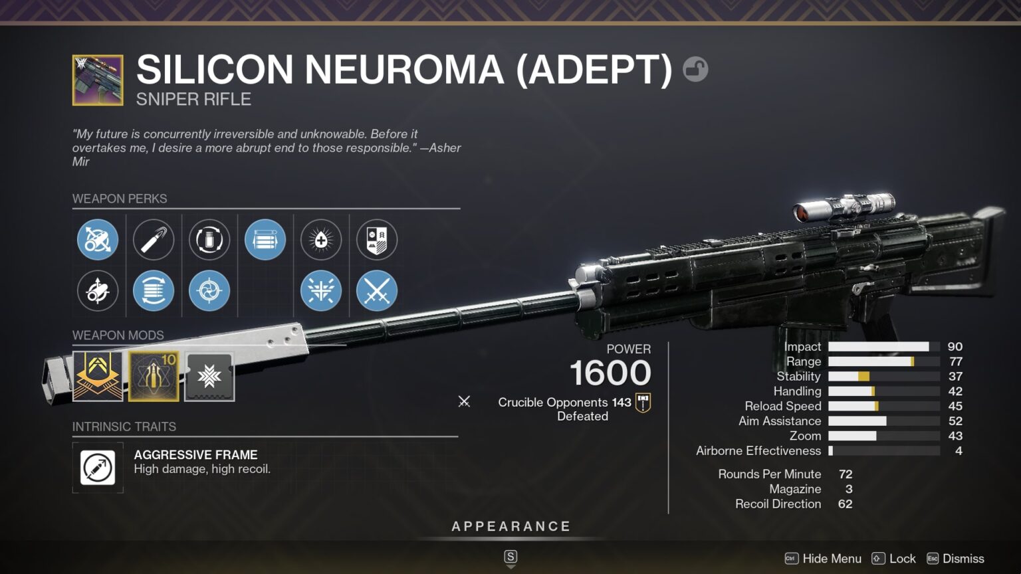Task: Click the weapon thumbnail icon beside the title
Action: (x=98, y=80)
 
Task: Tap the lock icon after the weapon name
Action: (x=695, y=69)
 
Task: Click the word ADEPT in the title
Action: (x=594, y=69)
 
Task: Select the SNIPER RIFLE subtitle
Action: (x=193, y=100)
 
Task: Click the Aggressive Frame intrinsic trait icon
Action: (x=98, y=468)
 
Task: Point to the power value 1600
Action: (x=610, y=373)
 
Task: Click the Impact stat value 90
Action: (x=955, y=347)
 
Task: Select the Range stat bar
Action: (x=883, y=361)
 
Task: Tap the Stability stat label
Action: (x=798, y=377)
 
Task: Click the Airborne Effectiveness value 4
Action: (x=958, y=451)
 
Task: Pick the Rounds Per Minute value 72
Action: (x=846, y=474)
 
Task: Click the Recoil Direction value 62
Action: (x=845, y=504)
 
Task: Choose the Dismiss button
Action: (x=963, y=559)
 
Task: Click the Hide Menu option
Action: (x=831, y=559)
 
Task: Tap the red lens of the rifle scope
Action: (x=802, y=213)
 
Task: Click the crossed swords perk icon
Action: (x=377, y=291)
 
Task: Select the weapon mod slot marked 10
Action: (x=154, y=377)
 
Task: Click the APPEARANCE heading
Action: (x=511, y=527)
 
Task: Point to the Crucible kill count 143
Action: (x=622, y=403)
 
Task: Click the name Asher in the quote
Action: (x=445, y=148)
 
